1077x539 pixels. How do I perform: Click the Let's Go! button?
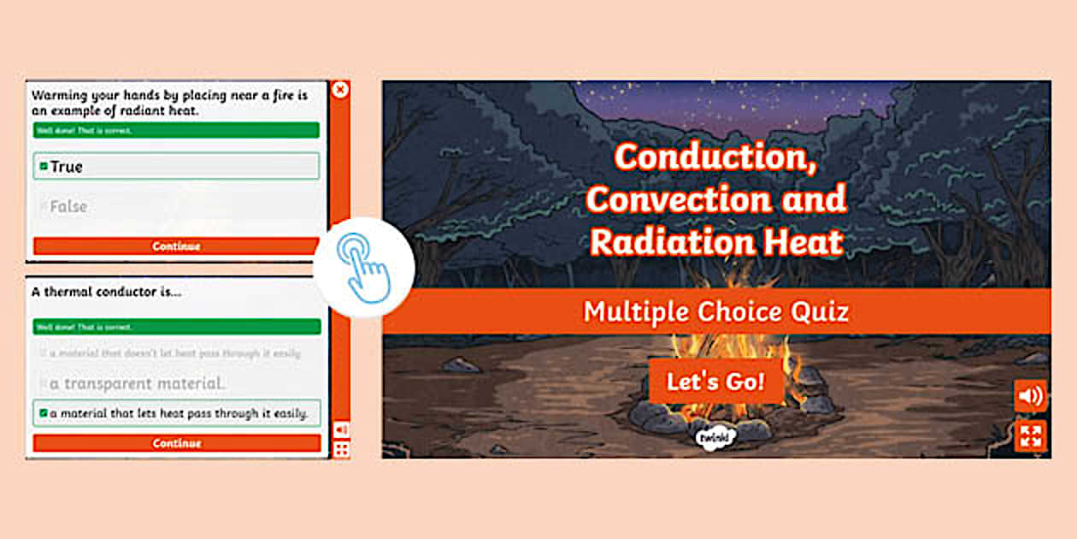click(715, 382)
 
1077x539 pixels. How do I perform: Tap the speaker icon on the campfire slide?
click(1030, 396)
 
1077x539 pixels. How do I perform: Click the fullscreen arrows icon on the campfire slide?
click(1030, 435)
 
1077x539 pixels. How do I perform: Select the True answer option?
click(175, 166)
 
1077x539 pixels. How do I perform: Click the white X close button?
click(340, 89)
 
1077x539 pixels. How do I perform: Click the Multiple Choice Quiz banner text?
click(715, 311)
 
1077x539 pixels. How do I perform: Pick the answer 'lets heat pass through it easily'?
click(177, 413)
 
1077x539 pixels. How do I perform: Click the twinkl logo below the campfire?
click(715, 437)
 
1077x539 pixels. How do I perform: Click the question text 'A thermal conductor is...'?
click(107, 291)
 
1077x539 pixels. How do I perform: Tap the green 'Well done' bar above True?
click(176, 130)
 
